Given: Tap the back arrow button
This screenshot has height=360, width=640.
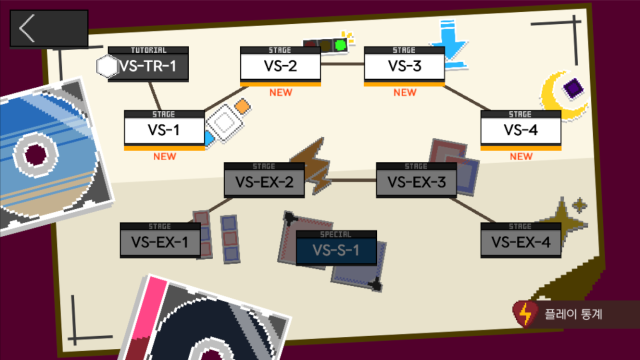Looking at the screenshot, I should click(x=48, y=28).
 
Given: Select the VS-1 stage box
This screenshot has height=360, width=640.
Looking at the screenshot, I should click(x=164, y=130).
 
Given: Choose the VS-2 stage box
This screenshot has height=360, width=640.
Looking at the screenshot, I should click(x=280, y=66).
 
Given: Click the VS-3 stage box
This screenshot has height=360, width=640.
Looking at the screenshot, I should click(x=404, y=66).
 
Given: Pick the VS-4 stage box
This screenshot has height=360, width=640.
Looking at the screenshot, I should click(x=520, y=130).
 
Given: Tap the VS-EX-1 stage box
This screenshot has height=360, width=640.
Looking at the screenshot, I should click(x=160, y=242).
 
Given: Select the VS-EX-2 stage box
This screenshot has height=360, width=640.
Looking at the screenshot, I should click(x=264, y=182).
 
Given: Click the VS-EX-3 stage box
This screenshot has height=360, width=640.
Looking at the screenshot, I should click(x=416, y=182).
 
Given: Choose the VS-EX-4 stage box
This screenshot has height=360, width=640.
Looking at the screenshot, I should click(x=520, y=242).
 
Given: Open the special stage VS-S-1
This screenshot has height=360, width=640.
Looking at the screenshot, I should click(x=336, y=249).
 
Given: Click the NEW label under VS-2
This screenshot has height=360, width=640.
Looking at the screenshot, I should click(x=280, y=92).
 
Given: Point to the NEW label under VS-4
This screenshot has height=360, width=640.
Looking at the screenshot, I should click(x=521, y=156).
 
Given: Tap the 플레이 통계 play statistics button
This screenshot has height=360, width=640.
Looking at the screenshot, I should click(x=574, y=314).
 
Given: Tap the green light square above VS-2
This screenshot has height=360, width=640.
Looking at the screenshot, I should click(x=340, y=45).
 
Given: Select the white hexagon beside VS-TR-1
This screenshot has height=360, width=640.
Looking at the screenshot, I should click(x=107, y=67).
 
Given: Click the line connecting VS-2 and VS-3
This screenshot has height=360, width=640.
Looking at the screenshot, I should click(x=342, y=64).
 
